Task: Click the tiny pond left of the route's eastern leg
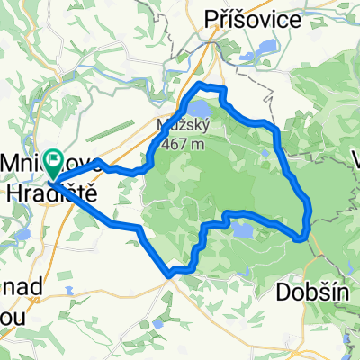[267, 154]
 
